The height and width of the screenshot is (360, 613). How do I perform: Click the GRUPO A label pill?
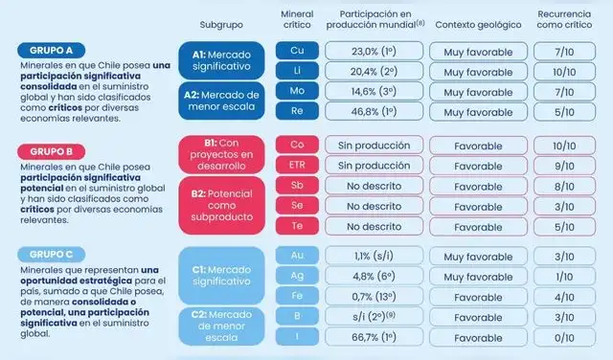point(51,49)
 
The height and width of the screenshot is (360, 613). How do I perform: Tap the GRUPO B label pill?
point(51,151)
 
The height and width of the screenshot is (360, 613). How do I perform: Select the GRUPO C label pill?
point(51,254)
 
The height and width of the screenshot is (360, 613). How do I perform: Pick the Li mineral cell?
point(297,72)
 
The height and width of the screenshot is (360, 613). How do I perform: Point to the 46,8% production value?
point(373,111)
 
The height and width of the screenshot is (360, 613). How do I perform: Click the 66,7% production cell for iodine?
point(373,338)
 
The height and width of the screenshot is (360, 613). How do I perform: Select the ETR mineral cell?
point(297,165)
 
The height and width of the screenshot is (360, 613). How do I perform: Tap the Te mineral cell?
point(297,227)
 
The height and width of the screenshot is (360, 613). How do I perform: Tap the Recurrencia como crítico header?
point(571,21)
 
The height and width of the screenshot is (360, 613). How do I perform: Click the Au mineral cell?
point(297,256)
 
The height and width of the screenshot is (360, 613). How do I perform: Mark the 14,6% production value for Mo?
point(373,91)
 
